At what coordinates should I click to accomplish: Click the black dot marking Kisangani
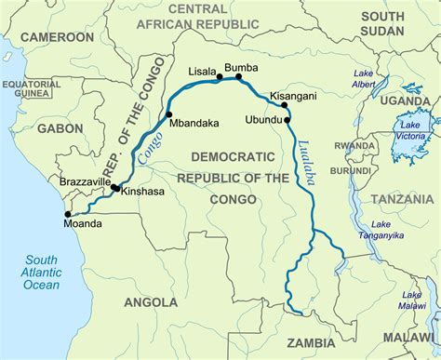284,105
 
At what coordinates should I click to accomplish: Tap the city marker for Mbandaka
169,116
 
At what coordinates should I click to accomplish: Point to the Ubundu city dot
287,119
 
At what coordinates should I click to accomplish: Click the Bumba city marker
239,77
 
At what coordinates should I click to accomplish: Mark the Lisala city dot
220,77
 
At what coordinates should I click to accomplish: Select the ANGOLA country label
150,302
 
